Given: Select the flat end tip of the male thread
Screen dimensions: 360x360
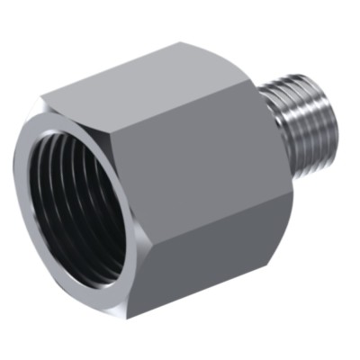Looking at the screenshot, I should click(334, 112).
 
